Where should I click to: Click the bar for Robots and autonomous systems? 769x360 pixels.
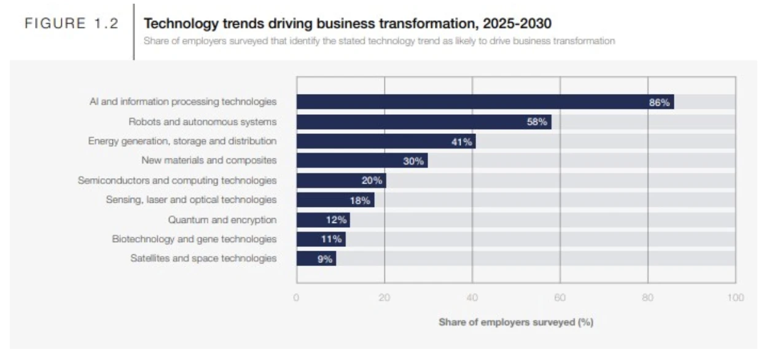click(x=424, y=122)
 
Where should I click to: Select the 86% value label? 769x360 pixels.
click(x=659, y=103)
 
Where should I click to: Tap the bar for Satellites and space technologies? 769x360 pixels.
click(x=316, y=258)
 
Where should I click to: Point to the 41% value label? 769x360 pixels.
click(x=462, y=141)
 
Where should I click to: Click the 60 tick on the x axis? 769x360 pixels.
click(x=560, y=297)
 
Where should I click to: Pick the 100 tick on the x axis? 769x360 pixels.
click(x=735, y=297)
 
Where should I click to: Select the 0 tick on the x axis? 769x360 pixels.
click(x=296, y=297)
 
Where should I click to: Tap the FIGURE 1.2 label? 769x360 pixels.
click(x=71, y=23)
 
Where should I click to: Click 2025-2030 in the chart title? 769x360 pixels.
click(x=517, y=23)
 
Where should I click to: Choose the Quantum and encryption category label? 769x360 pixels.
click(x=222, y=220)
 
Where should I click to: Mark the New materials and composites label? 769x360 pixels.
click(x=209, y=160)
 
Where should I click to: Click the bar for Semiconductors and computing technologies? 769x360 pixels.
click(x=342, y=181)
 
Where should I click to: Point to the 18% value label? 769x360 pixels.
click(x=360, y=200)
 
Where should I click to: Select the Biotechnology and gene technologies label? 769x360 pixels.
click(x=194, y=239)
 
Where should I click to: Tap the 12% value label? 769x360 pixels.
click(x=336, y=220)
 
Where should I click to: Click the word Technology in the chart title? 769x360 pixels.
click(x=181, y=24)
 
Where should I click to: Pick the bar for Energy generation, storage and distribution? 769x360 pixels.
click(x=386, y=141)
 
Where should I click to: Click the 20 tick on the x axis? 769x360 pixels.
click(x=384, y=297)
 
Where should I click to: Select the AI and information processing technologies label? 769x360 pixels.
click(x=183, y=102)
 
